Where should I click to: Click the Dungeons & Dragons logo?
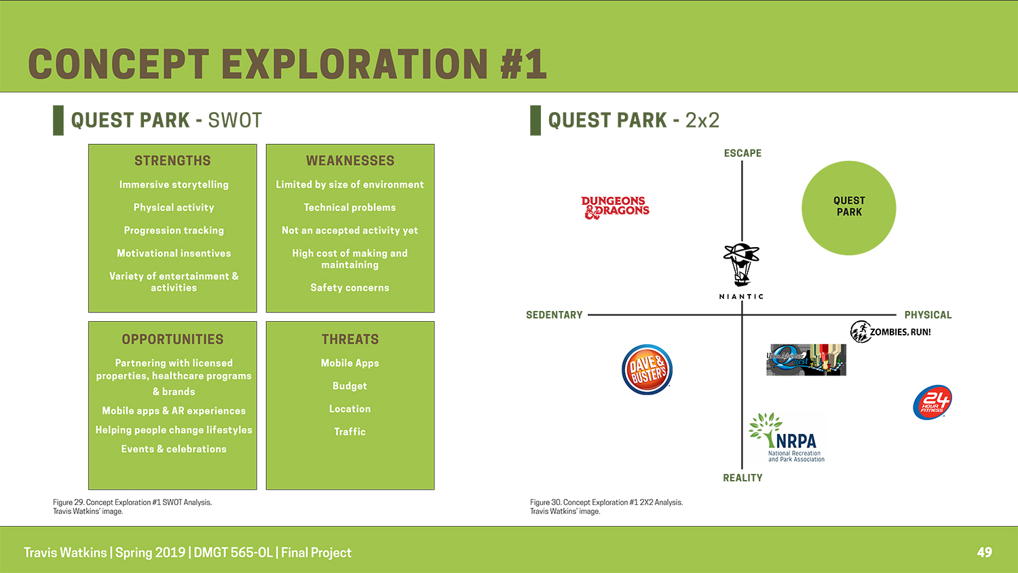(x=615, y=207)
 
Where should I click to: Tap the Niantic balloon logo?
(x=741, y=271)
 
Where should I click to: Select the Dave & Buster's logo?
(x=647, y=369)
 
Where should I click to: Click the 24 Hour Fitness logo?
(x=932, y=403)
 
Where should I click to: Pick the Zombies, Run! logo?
(x=890, y=331)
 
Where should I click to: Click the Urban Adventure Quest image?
(x=806, y=360)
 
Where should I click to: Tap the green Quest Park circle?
(x=848, y=208)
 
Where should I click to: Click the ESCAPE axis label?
(x=742, y=153)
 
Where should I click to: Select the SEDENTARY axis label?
(x=554, y=315)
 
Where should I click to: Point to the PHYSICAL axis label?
(x=928, y=315)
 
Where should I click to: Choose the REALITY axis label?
(x=742, y=477)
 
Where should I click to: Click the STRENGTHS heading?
(x=172, y=160)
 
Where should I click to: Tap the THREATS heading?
(x=350, y=339)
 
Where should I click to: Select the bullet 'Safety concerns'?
(x=350, y=287)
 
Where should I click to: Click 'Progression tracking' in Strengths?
(x=174, y=230)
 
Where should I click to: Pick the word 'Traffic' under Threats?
(x=350, y=432)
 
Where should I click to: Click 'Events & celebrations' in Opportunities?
(x=174, y=449)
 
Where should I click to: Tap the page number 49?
(x=984, y=552)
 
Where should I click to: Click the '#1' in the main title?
(x=523, y=64)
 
